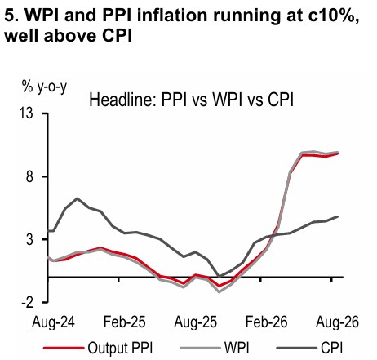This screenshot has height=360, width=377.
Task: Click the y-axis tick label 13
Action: (26, 113)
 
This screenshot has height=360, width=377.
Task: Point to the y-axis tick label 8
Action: (29, 176)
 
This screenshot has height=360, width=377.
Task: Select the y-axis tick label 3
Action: (29, 240)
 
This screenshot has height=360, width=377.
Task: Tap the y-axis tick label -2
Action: (27, 303)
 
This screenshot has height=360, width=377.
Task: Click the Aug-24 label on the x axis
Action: (53, 322)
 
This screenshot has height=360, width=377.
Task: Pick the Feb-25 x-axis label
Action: (125, 322)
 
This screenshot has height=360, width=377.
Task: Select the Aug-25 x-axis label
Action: (195, 322)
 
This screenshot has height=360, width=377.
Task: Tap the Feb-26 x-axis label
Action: (266, 322)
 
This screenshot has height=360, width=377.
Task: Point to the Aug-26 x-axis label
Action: (337, 322)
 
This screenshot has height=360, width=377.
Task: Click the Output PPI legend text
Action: (120, 348)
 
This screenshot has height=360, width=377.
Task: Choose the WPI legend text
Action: (237, 348)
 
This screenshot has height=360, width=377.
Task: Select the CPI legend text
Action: (332, 348)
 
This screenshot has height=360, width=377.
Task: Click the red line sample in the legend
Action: (64, 348)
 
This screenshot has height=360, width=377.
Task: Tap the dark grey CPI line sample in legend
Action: (296, 348)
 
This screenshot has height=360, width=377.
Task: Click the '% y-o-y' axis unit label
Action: (44, 87)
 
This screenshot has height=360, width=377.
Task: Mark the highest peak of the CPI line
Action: (78, 198)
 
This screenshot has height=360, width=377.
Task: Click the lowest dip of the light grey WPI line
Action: (219, 292)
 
